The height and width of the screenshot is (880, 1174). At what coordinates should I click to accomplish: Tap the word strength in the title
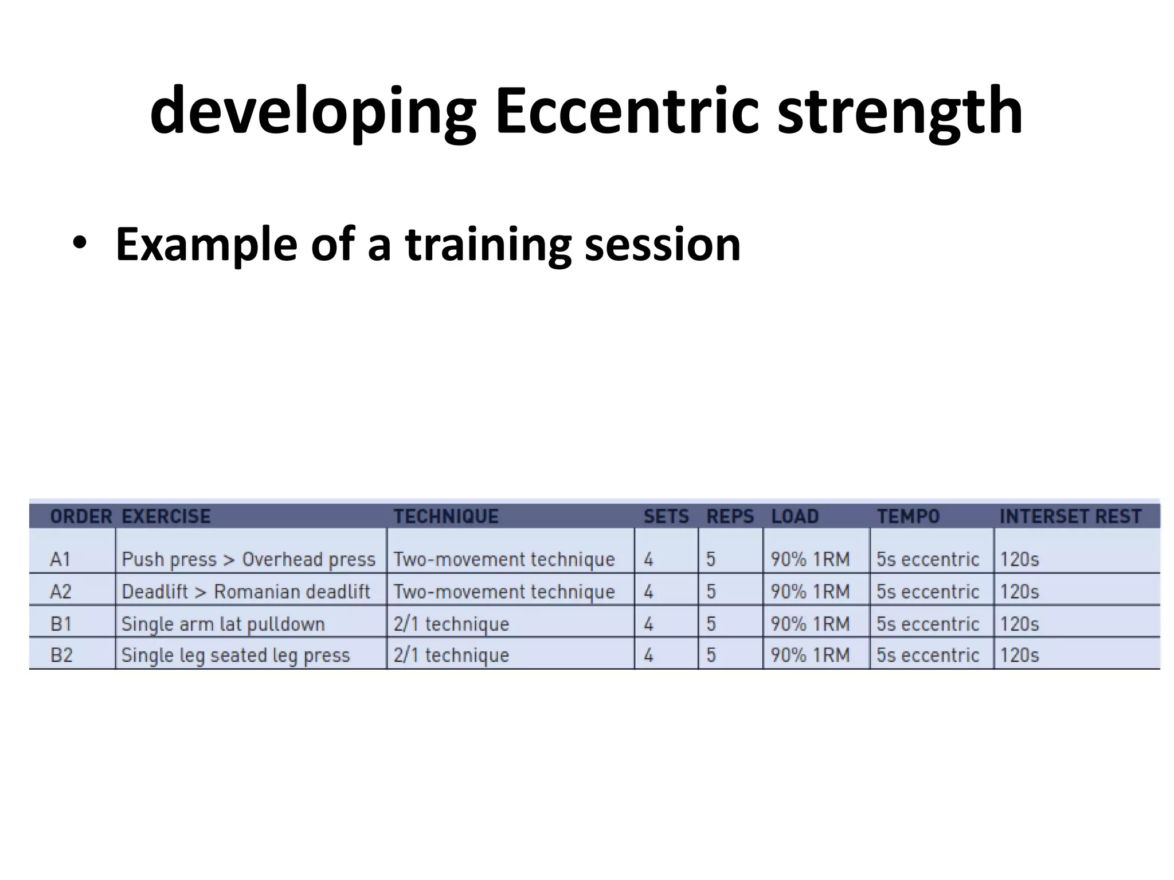(x=899, y=112)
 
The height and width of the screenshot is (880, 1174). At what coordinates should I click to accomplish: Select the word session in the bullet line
(x=662, y=245)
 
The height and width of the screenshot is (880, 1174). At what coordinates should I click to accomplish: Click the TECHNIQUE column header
(x=445, y=516)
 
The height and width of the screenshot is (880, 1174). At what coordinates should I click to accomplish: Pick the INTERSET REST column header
(x=1070, y=516)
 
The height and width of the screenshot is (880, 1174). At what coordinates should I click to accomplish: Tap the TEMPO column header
(x=908, y=516)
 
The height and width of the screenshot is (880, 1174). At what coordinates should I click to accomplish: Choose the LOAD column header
(x=795, y=516)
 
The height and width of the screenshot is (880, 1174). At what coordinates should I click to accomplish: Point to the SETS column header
(x=666, y=516)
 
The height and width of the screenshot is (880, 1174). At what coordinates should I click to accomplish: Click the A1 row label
(x=61, y=559)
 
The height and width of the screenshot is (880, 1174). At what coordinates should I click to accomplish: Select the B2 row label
(x=61, y=654)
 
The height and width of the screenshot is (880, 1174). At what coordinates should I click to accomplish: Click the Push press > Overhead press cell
(x=248, y=559)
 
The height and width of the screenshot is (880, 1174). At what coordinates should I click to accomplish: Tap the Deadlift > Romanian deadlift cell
(x=246, y=591)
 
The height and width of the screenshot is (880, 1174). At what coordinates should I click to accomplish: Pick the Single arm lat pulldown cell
(x=223, y=623)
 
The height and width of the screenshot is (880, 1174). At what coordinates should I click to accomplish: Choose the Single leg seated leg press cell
(x=236, y=654)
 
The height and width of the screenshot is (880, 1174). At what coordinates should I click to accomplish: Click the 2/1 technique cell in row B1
(x=451, y=623)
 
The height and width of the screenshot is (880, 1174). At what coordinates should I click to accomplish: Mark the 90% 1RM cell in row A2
(x=809, y=591)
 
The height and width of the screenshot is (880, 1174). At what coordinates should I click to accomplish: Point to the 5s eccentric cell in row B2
(x=928, y=654)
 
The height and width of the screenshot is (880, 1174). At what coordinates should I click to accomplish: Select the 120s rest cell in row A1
(x=1019, y=559)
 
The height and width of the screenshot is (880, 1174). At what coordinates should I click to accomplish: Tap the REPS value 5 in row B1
(x=711, y=623)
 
